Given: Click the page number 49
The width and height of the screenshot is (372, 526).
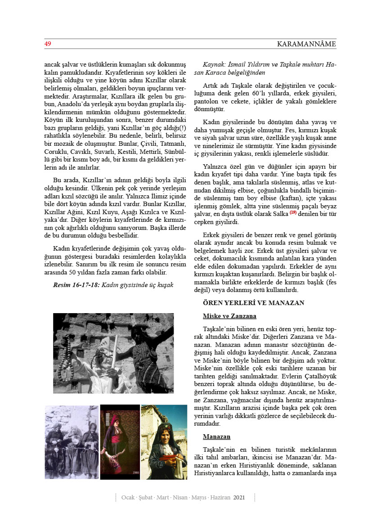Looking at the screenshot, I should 47,44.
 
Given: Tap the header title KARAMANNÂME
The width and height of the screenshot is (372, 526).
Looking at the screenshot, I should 306,44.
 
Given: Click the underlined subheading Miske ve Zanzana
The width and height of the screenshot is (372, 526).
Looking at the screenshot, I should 229,316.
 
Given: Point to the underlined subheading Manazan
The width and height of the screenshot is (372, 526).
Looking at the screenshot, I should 216,436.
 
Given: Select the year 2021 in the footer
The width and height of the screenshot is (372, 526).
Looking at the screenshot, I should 239,497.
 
